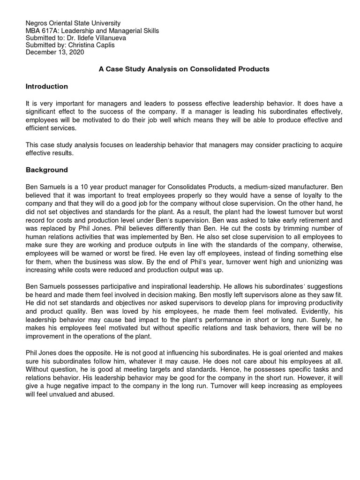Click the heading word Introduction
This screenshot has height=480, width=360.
[x=46, y=87]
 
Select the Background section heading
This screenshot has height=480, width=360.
[x=46, y=170]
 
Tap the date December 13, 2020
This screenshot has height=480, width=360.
[x=55, y=52]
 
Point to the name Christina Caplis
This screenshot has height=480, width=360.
[x=97, y=45]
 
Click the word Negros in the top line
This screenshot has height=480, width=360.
[x=37, y=23]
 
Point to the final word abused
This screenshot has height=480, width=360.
[x=103, y=395]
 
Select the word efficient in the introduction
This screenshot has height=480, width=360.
[x=38, y=128]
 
